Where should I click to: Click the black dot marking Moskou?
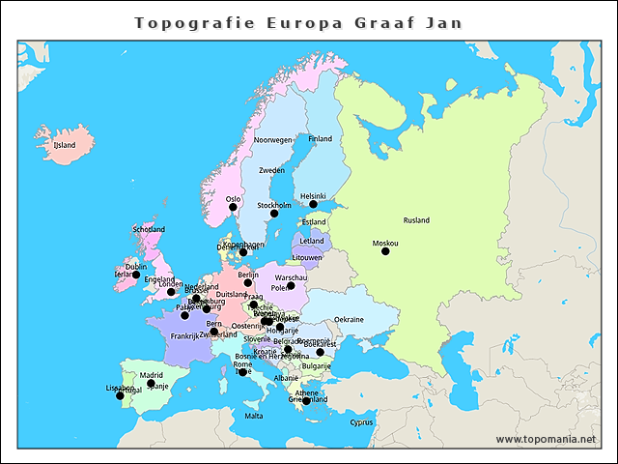(x=385, y=251)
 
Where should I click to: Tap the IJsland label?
(x=64, y=145)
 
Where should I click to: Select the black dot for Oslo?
(x=233, y=207)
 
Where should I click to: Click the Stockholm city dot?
(x=274, y=214)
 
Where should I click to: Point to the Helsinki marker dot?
(x=313, y=204)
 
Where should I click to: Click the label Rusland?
(x=416, y=220)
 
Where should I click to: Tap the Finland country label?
(x=320, y=139)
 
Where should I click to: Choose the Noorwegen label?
(x=272, y=140)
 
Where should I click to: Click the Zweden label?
(x=271, y=170)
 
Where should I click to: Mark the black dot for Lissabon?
(x=120, y=395)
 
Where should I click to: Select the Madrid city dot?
(x=151, y=384)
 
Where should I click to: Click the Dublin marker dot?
(x=136, y=275)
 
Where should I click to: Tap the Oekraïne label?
(x=349, y=320)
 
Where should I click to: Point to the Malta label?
(x=253, y=417)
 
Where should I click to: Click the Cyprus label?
(x=361, y=421)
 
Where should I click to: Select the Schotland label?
(x=149, y=230)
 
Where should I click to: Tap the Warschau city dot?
(x=291, y=286)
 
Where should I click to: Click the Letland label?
(x=312, y=241)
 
